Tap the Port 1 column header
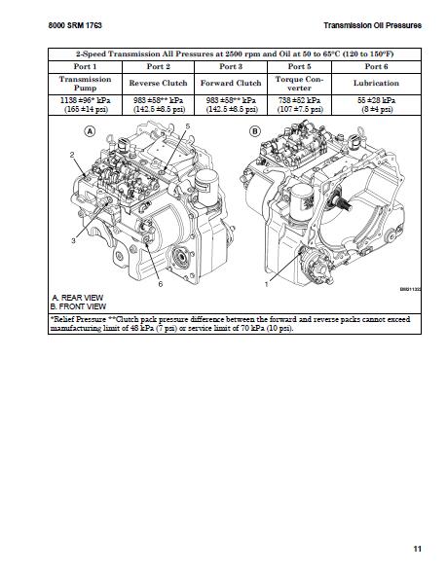pyautogui.click(x=86, y=66)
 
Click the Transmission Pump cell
pyautogui.click(x=86, y=83)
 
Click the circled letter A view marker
pyautogui.click(x=90, y=130)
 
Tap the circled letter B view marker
pyautogui.click(x=255, y=130)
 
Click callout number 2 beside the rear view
pyautogui.click(x=72, y=156)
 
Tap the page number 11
pyautogui.click(x=417, y=550)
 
